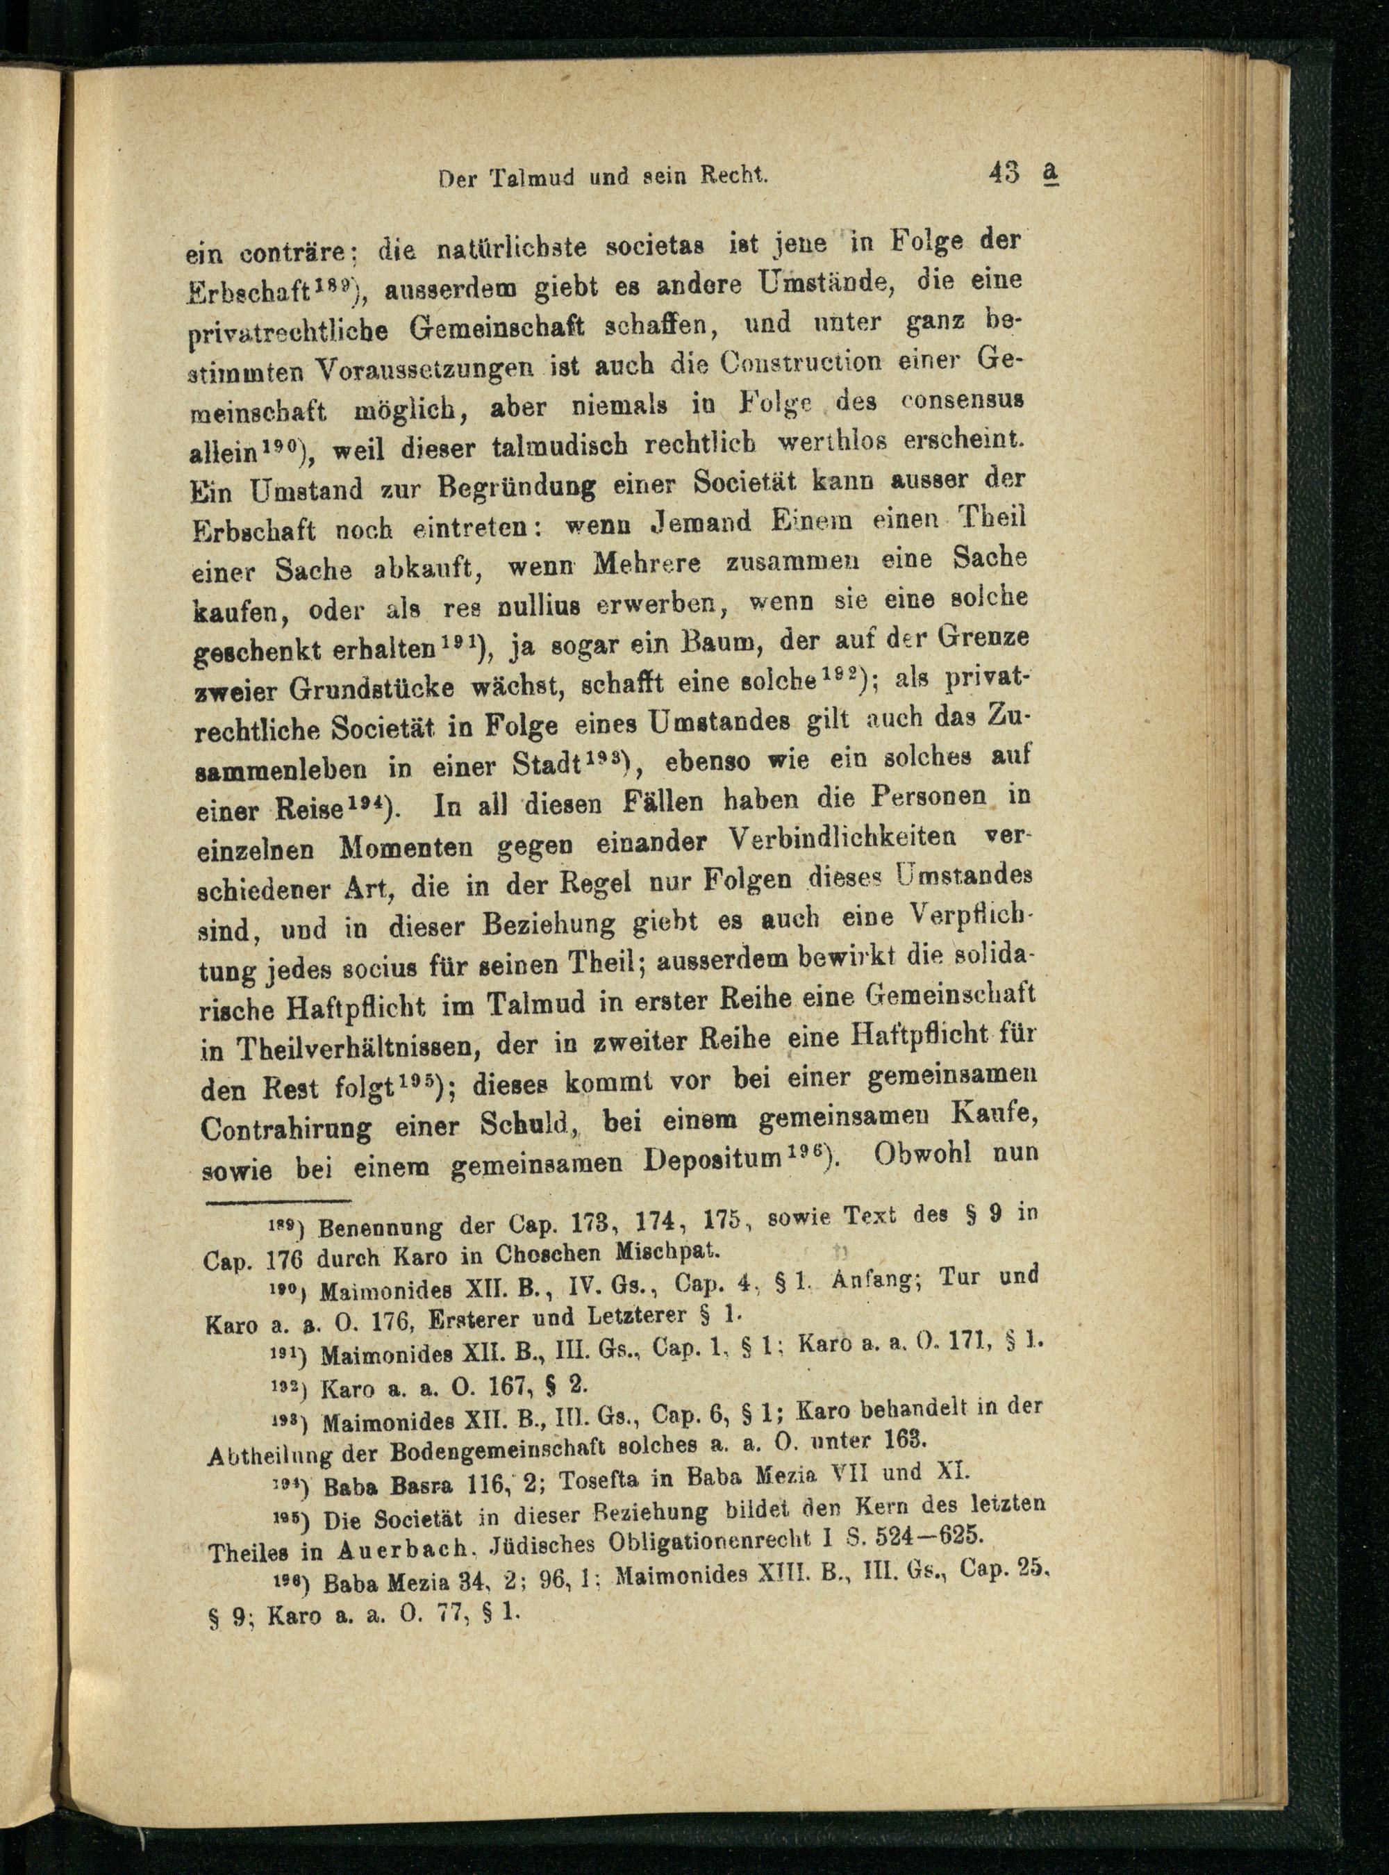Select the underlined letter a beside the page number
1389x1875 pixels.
pos(1049,172)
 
